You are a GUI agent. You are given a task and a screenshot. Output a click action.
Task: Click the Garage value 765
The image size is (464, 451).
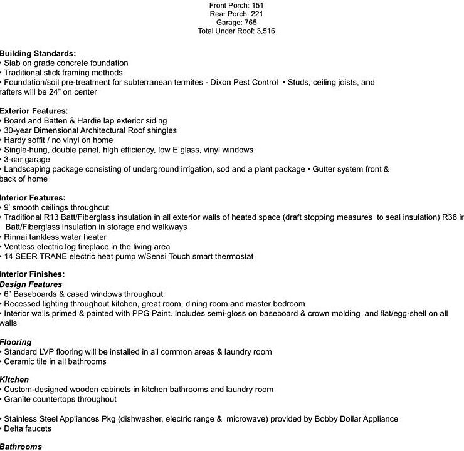point(249,23)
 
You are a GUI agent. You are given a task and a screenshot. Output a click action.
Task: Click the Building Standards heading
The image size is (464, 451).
point(38,53)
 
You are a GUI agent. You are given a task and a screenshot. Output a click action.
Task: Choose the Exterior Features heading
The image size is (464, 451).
point(34,111)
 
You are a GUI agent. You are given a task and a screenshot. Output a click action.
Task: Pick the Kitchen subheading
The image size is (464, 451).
point(14,380)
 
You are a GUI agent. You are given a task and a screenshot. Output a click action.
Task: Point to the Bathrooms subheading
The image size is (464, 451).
point(21,447)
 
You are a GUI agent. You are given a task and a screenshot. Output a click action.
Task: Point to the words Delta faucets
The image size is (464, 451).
point(28,428)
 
